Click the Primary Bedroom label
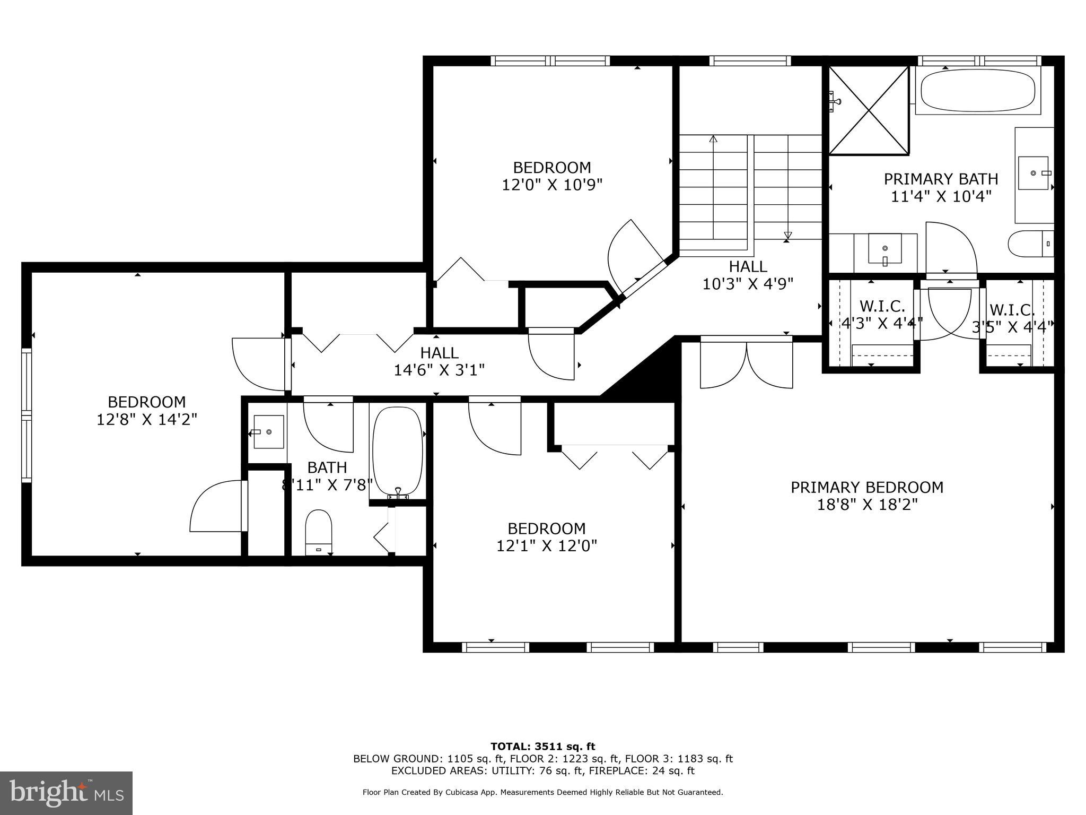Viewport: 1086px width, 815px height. [x=866, y=487]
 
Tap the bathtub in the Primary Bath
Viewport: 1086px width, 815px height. [x=977, y=92]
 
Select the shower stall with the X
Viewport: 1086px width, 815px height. [x=869, y=110]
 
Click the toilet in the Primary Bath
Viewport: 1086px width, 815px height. [x=1029, y=244]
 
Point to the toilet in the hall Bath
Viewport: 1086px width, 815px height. [x=318, y=532]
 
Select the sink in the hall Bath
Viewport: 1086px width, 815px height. [x=268, y=432]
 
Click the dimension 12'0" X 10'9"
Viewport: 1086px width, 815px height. [x=552, y=185]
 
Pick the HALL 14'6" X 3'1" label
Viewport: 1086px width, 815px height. [x=439, y=361]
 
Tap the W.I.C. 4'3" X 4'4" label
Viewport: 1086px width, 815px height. [x=882, y=315]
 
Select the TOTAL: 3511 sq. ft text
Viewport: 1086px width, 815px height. [x=542, y=747]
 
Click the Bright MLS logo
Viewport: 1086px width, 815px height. [x=66, y=793]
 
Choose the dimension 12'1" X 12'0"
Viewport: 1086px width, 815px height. [x=546, y=545]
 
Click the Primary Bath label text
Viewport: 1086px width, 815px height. [x=941, y=179]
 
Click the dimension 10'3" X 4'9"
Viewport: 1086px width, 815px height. [x=748, y=284]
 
